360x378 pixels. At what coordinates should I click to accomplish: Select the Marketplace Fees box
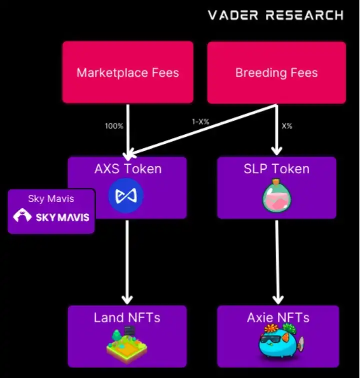point(127,72)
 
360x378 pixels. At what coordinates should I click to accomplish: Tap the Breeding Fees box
point(276,72)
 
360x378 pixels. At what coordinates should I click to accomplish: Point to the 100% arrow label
point(114,126)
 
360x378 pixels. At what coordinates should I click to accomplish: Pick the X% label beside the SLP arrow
point(286,126)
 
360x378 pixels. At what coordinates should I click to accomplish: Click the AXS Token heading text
point(127,169)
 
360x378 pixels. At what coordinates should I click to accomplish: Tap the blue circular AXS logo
point(126,195)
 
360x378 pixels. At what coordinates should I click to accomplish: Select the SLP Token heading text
point(276,169)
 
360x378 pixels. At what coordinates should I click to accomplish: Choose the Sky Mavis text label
point(51,199)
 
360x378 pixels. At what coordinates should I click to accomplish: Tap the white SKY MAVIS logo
point(51,217)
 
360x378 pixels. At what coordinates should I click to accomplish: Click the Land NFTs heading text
point(127,318)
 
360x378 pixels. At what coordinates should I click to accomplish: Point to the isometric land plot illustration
point(127,345)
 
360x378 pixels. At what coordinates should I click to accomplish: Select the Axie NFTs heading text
point(278,318)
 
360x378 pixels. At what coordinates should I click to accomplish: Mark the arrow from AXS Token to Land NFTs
point(127,260)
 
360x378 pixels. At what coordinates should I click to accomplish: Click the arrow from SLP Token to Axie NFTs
point(276,260)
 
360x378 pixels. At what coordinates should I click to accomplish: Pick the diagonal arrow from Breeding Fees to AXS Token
point(200,130)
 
